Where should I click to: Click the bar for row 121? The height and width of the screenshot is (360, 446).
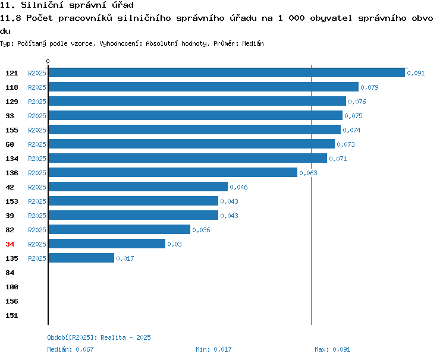pyautogui.click(x=227, y=72)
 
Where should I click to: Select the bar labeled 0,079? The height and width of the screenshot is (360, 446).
pyautogui.click(x=203, y=87)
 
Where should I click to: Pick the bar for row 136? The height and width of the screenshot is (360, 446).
pyautogui.click(x=173, y=172)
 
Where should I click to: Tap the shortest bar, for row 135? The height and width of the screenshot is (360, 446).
pyautogui.click(x=81, y=258)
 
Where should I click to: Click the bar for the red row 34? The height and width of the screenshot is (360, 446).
pyautogui.click(x=107, y=244)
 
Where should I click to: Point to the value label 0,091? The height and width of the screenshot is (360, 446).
pyautogui.click(x=416, y=73)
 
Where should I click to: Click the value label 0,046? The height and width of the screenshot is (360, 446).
pyautogui.click(x=238, y=187)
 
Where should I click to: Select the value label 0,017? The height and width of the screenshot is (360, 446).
pyautogui.click(x=125, y=258)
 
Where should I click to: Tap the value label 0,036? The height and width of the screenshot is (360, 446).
pyautogui.click(x=201, y=230)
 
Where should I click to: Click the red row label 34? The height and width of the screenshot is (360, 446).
pyautogui.click(x=10, y=244)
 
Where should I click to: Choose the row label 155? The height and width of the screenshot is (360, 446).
pyautogui.click(x=12, y=130)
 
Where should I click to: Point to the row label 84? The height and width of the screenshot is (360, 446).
pyautogui.click(x=10, y=273)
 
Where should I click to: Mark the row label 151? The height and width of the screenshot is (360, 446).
pyautogui.click(x=12, y=315)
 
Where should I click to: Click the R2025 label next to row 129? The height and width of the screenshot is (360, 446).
pyautogui.click(x=37, y=102)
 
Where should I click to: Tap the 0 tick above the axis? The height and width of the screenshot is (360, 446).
pyautogui.click(x=48, y=61)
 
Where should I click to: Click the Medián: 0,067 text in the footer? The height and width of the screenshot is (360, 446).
pyautogui.click(x=70, y=349)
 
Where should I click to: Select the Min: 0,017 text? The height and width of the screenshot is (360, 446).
pyautogui.click(x=213, y=349)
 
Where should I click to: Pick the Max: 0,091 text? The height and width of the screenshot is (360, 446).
pyautogui.click(x=332, y=349)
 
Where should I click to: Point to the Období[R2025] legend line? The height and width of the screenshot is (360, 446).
pyautogui.click(x=99, y=337)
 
